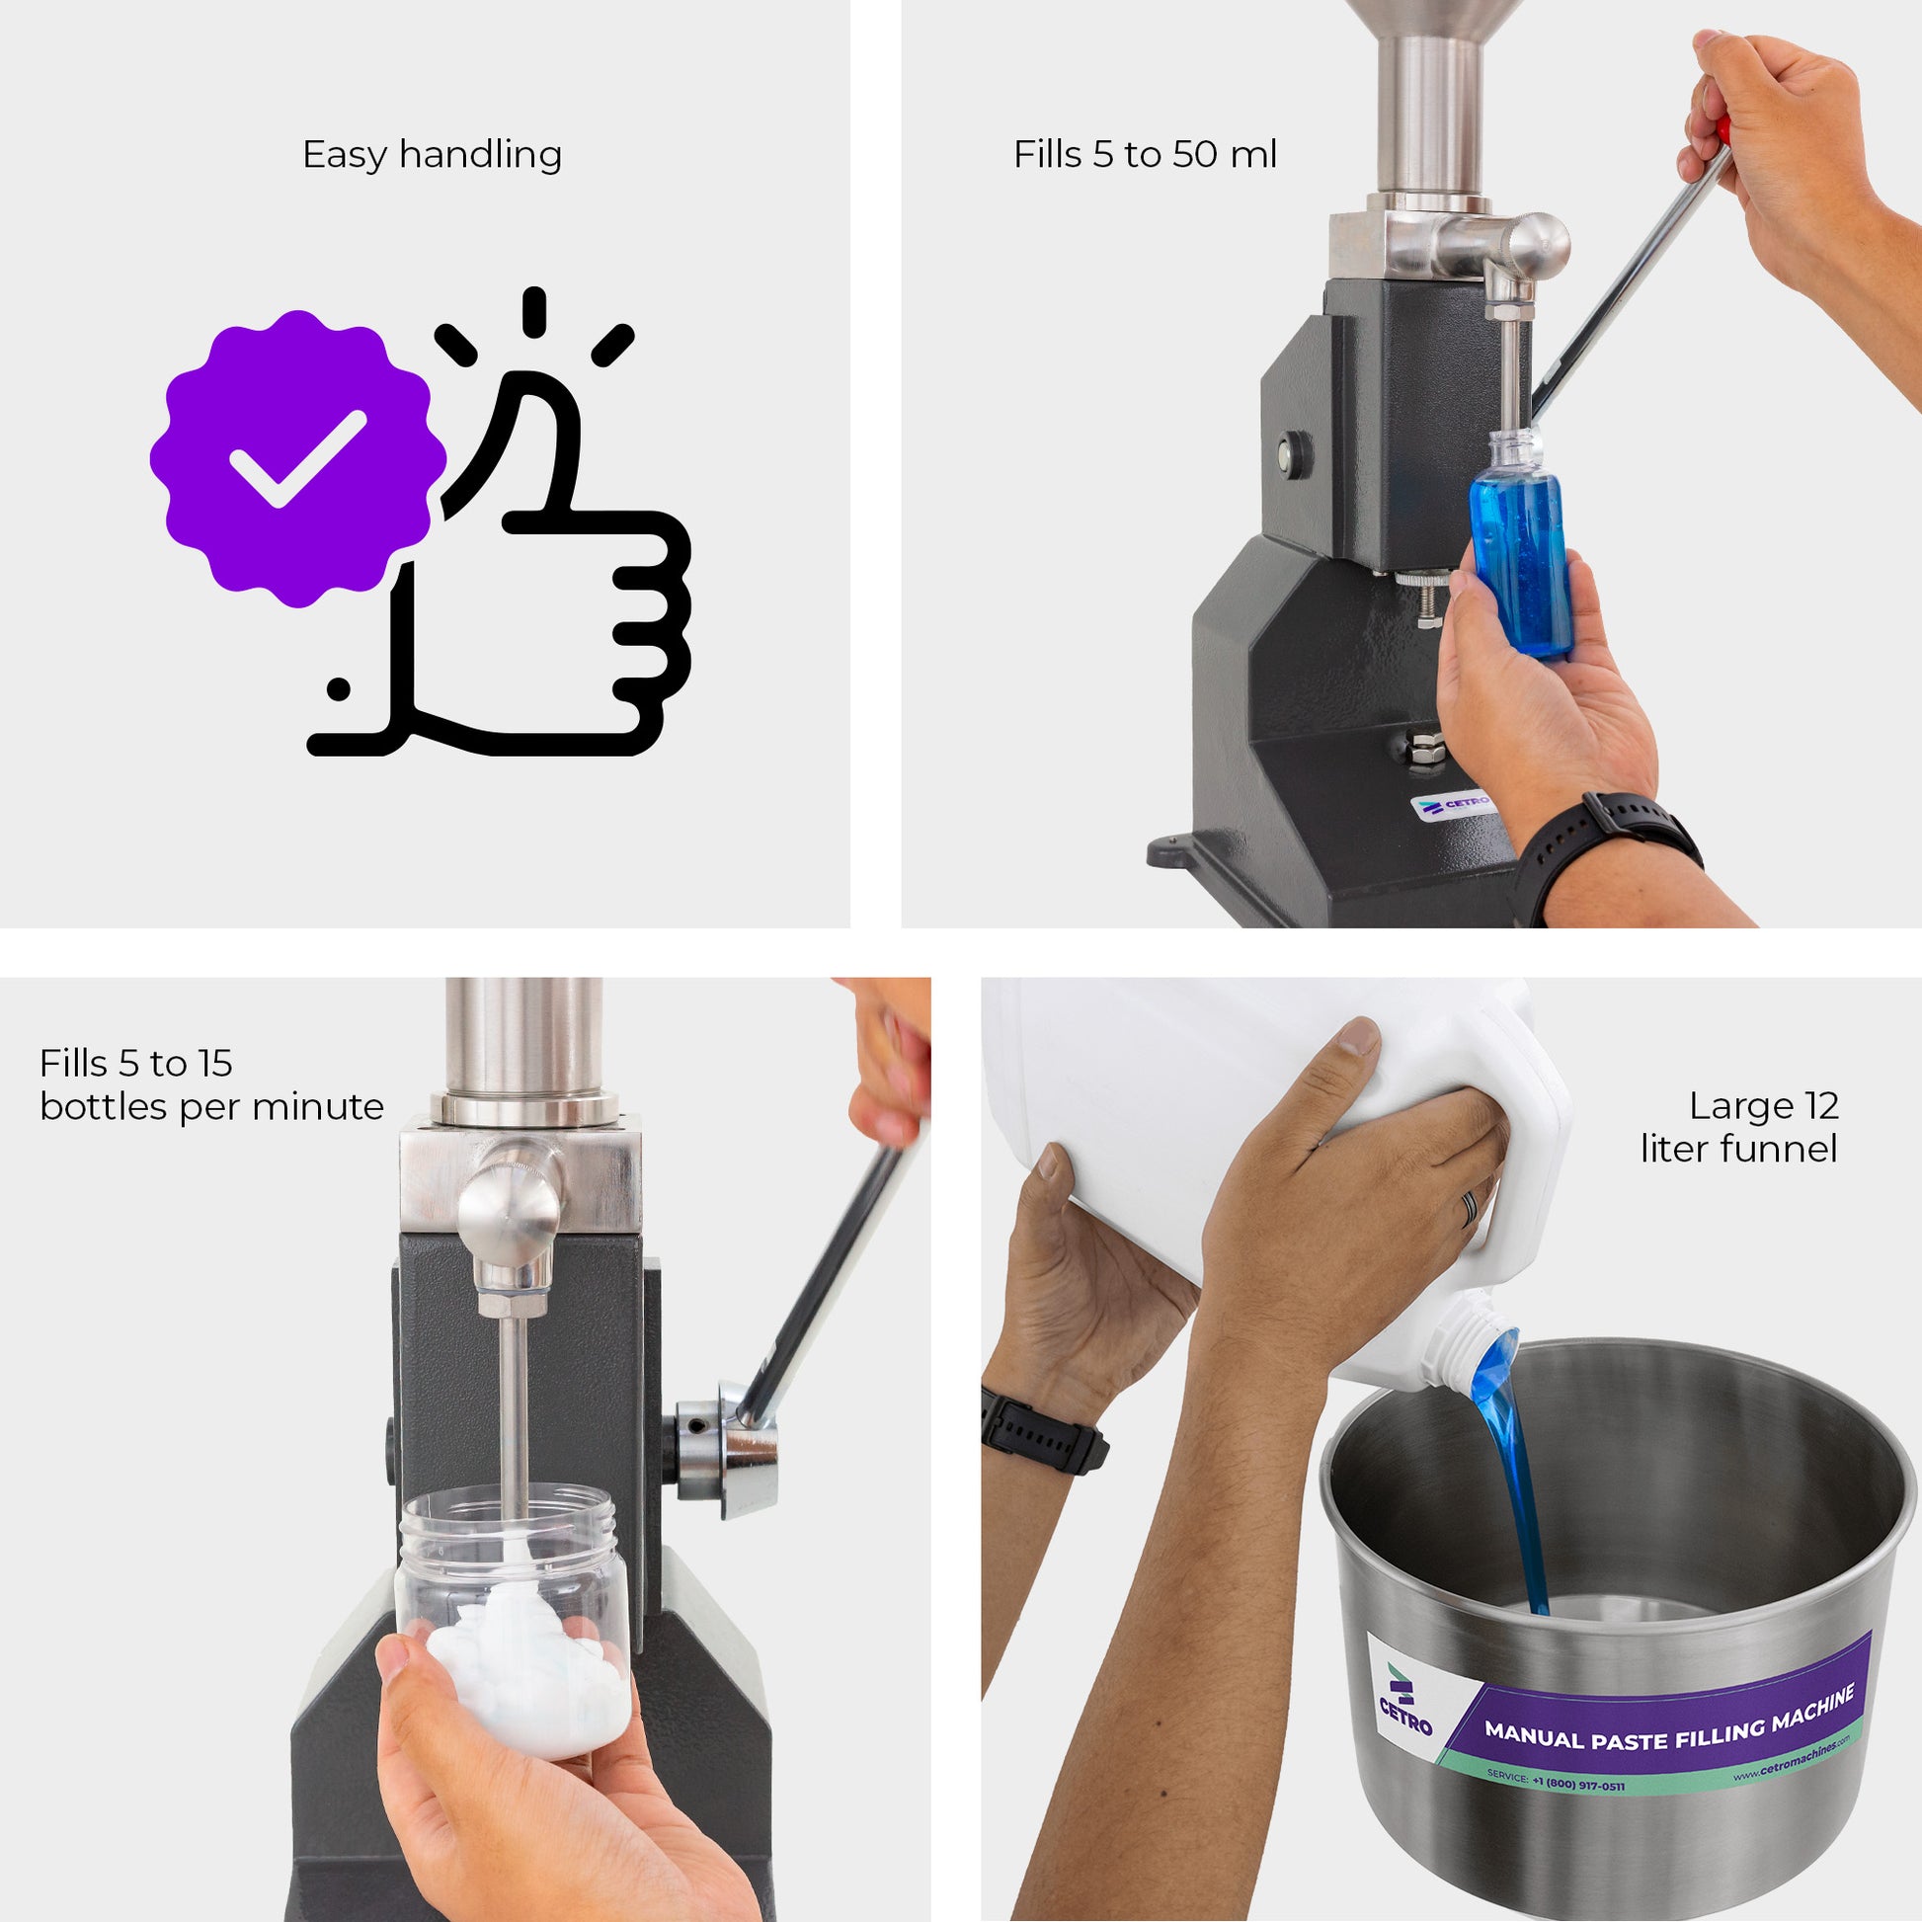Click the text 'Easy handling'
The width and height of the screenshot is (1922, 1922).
point(432,155)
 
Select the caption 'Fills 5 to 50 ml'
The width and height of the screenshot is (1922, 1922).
point(1145,155)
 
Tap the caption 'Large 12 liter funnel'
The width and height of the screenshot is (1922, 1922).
point(1740,1126)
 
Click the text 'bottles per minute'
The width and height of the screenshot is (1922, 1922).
point(212,1106)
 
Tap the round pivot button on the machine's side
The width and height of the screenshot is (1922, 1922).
point(1293,453)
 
